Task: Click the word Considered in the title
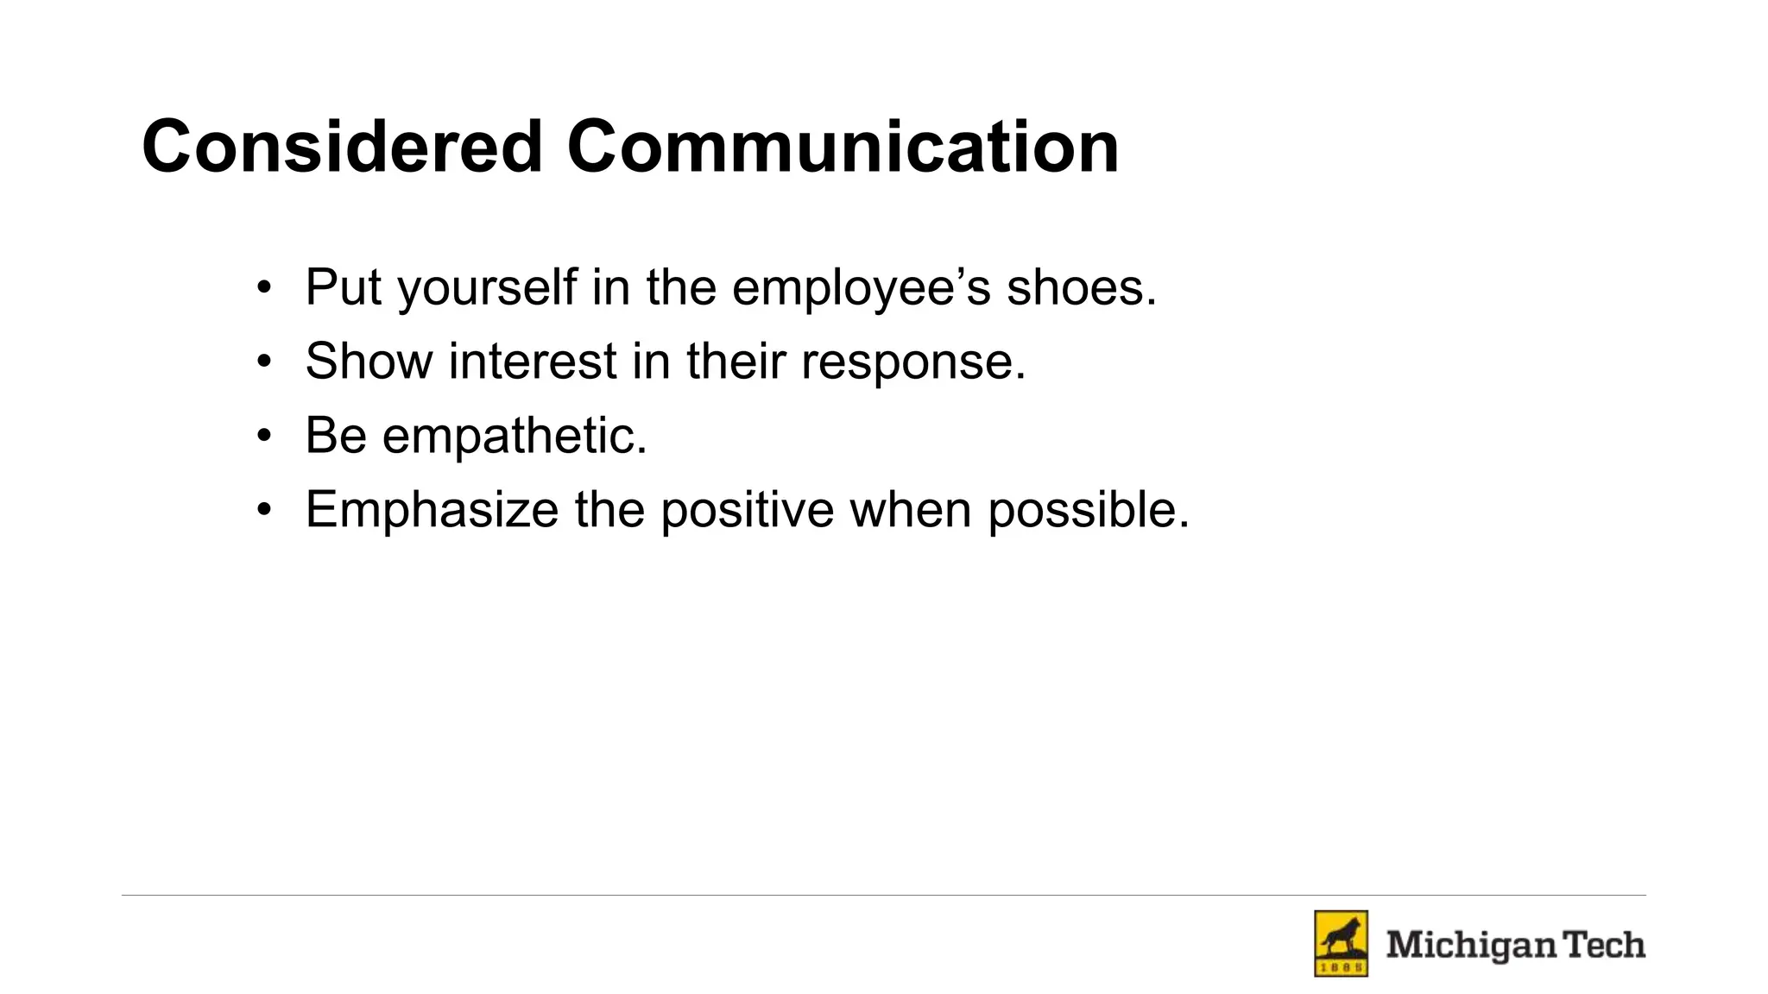click(x=342, y=147)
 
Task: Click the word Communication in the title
click(x=843, y=147)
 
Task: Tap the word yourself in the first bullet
click(x=487, y=288)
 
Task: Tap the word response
click(x=913, y=362)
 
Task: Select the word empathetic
click(x=515, y=436)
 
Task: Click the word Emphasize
click(x=433, y=510)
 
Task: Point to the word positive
click(x=748, y=510)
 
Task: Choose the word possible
click(x=1089, y=510)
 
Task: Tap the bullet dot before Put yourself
click(x=264, y=288)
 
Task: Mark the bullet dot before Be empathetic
click(x=264, y=436)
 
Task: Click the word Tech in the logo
click(x=1606, y=945)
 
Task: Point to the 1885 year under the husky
click(x=1341, y=968)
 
